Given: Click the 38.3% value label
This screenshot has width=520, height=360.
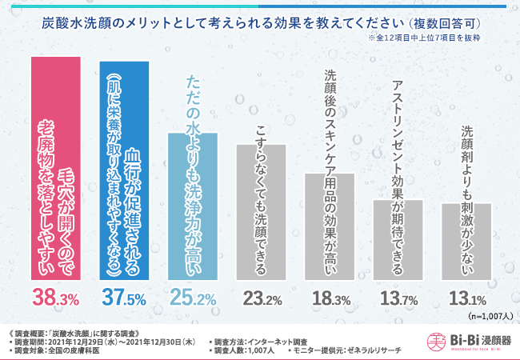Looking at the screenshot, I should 54,299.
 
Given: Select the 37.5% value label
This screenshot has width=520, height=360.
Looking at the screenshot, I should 123,299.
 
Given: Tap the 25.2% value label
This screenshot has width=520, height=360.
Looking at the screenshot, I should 192,299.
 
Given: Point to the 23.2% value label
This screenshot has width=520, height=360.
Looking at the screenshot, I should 260,299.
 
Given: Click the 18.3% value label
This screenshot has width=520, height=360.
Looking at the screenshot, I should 329,299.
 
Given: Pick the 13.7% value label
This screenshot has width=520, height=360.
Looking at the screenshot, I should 398,299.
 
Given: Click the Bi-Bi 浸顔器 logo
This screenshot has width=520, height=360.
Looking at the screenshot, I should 463,342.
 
